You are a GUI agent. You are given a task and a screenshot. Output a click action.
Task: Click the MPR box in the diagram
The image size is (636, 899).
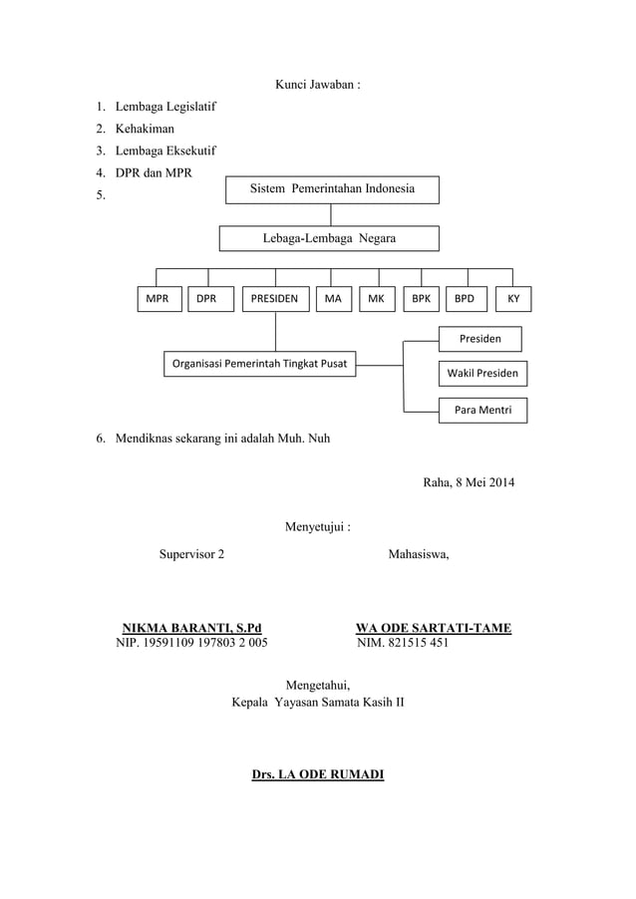[158, 299]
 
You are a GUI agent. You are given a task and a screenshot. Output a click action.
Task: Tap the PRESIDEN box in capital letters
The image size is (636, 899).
[274, 299]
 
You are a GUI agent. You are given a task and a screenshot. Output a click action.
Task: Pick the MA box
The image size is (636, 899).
[333, 299]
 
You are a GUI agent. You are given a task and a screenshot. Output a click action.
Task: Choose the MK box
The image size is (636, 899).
[376, 299]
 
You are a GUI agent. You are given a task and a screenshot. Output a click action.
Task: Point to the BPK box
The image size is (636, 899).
[421, 299]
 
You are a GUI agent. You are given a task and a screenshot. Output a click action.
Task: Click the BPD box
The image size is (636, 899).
[466, 299]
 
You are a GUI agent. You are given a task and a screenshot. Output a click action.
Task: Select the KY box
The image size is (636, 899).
[512, 299]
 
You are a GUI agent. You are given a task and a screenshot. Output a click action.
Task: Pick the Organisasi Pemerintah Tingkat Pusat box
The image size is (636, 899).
[259, 364]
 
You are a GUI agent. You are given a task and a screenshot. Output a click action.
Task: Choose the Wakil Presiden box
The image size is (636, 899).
[480, 375]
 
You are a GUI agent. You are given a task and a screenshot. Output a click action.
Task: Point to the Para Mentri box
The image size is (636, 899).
[482, 410]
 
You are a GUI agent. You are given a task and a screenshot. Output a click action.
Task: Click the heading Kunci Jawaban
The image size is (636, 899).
[317, 85]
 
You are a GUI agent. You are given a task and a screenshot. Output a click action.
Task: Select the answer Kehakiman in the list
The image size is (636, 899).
[145, 129]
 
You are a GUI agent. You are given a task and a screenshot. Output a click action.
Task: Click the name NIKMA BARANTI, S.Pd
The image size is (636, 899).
[192, 628]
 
